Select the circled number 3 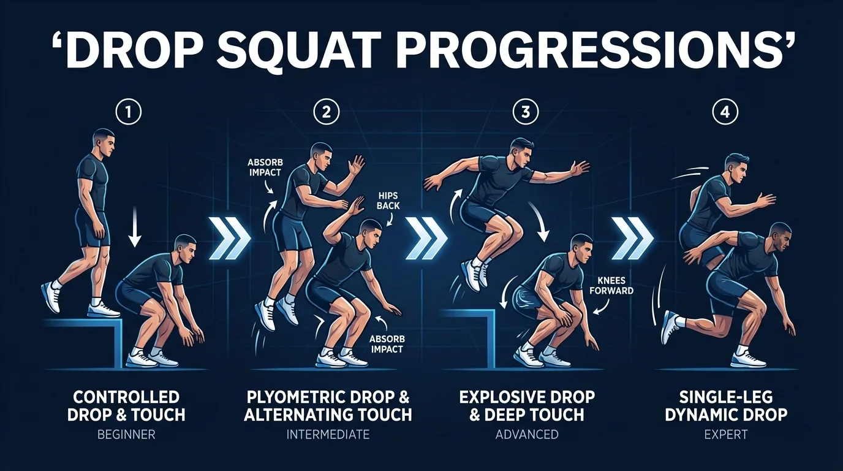[526, 112]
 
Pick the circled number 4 [725, 112]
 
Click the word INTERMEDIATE [328, 435]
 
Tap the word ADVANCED [526, 435]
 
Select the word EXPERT [725, 435]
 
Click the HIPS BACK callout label [387, 200]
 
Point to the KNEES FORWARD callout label [610, 286]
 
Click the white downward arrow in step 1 [136, 232]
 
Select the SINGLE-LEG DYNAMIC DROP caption [725, 406]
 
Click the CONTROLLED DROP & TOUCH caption [128, 406]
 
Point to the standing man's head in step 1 [104, 142]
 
